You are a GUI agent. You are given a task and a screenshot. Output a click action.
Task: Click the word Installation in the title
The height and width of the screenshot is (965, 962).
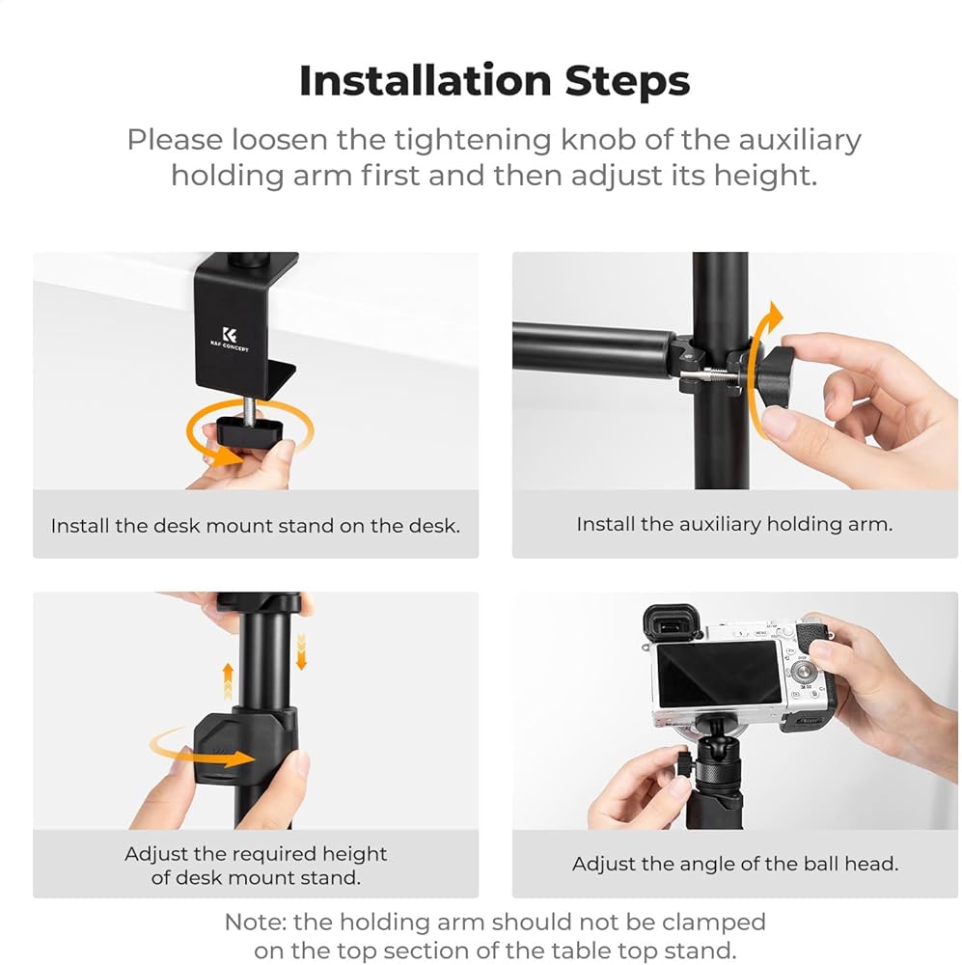click(425, 81)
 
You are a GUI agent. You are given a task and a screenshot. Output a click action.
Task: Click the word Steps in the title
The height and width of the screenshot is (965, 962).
click(627, 82)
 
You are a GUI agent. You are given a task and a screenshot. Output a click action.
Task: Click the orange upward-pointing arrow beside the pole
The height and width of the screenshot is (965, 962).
click(228, 680)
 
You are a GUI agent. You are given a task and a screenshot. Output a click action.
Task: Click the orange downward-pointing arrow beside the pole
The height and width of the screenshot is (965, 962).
click(301, 651)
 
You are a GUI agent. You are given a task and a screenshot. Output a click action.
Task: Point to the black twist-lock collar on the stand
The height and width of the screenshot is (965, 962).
click(246, 746)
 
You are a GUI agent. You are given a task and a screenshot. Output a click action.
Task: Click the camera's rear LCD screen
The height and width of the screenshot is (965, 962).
click(718, 674)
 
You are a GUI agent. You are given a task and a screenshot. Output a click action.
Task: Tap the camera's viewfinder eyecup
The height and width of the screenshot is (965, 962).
click(673, 624)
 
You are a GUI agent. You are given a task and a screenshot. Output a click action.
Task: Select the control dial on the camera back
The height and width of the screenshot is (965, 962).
click(802, 674)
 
